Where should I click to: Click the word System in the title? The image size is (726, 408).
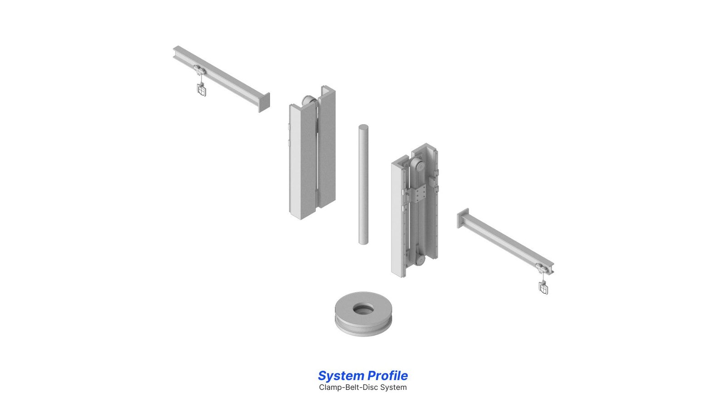coord(341,376)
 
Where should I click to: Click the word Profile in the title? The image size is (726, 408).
coord(388,376)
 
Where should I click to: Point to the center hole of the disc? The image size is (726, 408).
coord(363,309)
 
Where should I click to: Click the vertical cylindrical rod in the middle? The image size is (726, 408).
coord(363,185)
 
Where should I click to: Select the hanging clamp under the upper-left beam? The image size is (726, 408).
coord(201,89)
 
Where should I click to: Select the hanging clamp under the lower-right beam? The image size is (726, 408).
coord(544,287)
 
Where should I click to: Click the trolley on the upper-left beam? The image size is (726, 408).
coord(200,70)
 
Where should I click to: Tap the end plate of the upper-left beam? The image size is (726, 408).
coord(264,102)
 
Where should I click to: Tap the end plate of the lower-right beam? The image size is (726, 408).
coord(463,218)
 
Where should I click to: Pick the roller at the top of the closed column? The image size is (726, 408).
coord(309,100)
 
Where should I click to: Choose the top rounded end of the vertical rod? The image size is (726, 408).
coord(363,126)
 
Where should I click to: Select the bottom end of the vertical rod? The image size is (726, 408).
coord(363,242)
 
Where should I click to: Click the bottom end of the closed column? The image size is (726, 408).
coord(301,215)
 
